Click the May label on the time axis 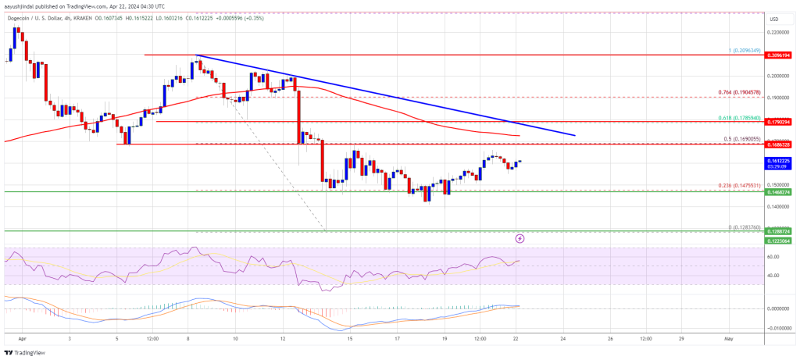tap(728, 340)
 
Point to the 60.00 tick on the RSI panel tap(779, 256)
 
